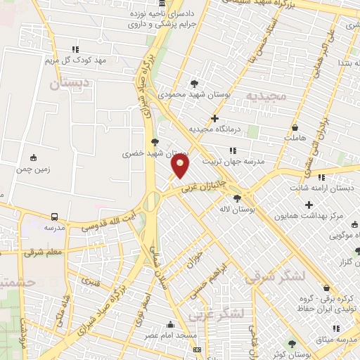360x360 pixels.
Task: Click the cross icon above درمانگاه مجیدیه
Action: pyautogui.click(x=215, y=118)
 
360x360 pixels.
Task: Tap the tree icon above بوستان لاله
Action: pyautogui.click(x=238, y=198)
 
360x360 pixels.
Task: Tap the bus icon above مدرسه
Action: pyautogui.click(x=54, y=217)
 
